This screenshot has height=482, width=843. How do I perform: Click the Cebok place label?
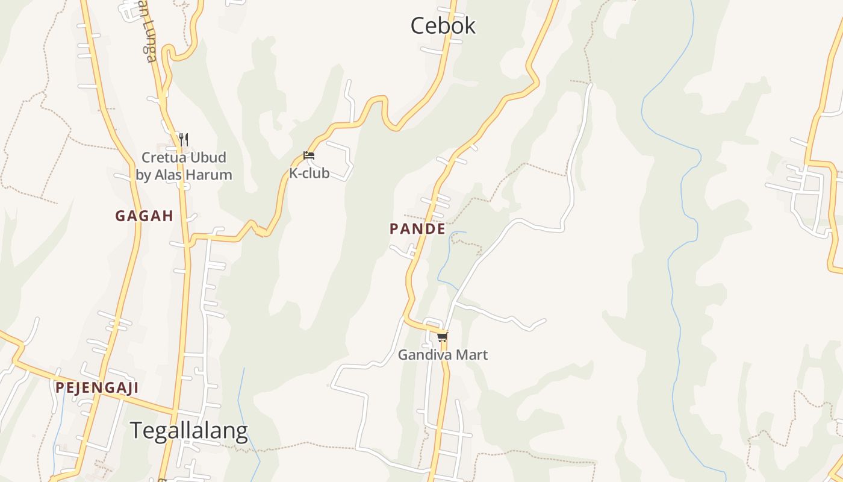click(443, 26)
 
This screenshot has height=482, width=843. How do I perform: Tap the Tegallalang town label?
click(188, 431)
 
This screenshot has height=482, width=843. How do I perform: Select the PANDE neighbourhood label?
click(417, 229)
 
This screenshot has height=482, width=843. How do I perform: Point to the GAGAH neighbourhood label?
click(145, 216)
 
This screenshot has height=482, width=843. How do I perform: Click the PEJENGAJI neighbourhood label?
click(97, 387)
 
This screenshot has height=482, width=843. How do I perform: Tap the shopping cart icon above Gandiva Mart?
click(443, 337)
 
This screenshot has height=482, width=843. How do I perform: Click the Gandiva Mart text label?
click(443, 355)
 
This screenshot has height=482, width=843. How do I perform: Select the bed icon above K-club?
click(309, 155)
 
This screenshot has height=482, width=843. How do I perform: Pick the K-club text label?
click(310, 174)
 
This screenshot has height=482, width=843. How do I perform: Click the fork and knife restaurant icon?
click(184, 140)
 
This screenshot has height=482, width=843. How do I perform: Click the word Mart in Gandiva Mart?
click(471, 355)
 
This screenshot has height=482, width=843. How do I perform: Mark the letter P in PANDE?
click(394, 229)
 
